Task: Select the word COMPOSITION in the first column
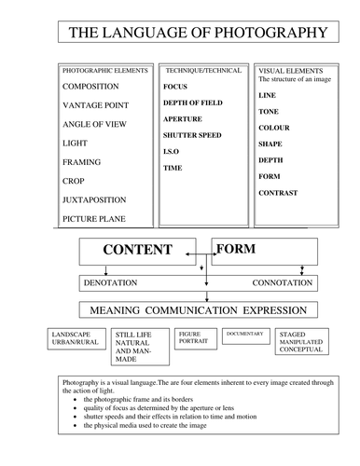point(96,87)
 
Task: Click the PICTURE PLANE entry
point(96,219)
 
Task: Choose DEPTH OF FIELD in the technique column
point(193,103)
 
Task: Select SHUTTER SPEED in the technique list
point(191,135)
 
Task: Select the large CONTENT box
point(137,251)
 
